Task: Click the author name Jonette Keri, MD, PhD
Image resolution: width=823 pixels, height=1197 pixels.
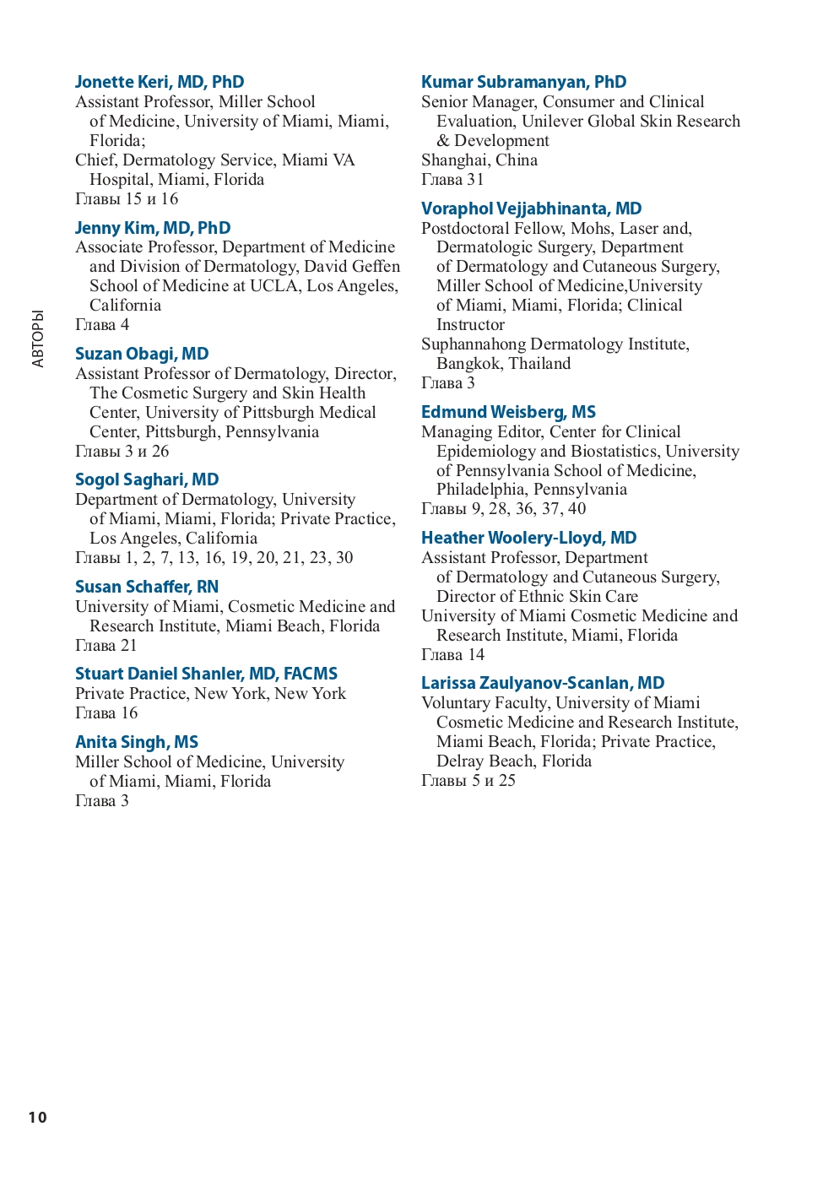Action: pyautogui.click(x=160, y=82)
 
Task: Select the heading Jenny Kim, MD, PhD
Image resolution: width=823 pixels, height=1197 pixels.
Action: pyautogui.click(x=153, y=228)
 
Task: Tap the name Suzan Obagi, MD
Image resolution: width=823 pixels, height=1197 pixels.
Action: pyautogui.click(x=142, y=354)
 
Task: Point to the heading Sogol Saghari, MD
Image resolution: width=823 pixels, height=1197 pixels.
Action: pyautogui.click(x=147, y=479)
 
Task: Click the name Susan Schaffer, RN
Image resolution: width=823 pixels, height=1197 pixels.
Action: pyautogui.click(x=147, y=587)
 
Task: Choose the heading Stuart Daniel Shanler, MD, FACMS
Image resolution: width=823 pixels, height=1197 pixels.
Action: pyautogui.click(x=206, y=674)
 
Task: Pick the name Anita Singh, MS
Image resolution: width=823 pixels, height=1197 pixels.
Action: pyautogui.click(x=137, y=742)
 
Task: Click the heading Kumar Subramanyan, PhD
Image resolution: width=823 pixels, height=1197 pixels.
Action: pyautogui.click(x=523, y=82)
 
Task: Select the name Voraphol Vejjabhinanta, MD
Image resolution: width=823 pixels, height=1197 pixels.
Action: pyautogui.click(x=531, y=209)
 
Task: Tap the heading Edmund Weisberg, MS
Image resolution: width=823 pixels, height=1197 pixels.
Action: pyautogui.click(x=508, y=412)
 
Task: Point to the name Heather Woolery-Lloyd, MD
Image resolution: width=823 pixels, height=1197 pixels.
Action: pyautogui.click(x=528, y=538)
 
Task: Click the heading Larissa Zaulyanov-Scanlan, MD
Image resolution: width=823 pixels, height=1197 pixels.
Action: pyautogui.click(x=543, y=683)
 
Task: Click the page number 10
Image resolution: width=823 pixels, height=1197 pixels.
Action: pyautogui.click(x=38, y=1118)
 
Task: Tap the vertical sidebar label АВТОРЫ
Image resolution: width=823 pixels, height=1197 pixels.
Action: pyautogui.click(x=38, y=339)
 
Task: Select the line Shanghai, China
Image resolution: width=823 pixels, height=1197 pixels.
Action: pyautogui.click(x=479, y=160)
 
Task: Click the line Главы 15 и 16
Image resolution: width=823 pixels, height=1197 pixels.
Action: pyautogui.click(x=127, y=199)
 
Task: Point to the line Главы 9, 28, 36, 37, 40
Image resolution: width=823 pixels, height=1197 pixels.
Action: pyautogui.click(x=503, y=509)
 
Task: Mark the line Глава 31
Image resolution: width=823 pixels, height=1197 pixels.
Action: pyautogui.click(x=452, y=180)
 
